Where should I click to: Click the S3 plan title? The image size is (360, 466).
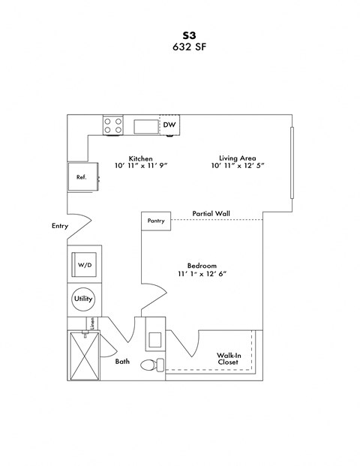180,35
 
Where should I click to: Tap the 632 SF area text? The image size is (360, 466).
180,46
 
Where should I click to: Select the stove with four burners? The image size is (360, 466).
113,125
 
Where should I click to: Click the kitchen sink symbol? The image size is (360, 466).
146,127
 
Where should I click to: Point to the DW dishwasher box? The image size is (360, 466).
169,125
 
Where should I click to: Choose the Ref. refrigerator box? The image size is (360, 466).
81,177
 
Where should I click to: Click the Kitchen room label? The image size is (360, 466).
141,158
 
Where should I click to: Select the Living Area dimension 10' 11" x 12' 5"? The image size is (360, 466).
238,166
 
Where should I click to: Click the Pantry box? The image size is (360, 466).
156,221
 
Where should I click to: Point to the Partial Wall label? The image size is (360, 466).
211,214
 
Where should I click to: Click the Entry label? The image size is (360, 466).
61,225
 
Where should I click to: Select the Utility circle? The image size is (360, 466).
82,299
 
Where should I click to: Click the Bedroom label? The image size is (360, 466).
202,266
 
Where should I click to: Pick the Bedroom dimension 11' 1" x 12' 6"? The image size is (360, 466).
202,275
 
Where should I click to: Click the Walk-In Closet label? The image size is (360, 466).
228,358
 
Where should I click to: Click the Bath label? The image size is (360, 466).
122,362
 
